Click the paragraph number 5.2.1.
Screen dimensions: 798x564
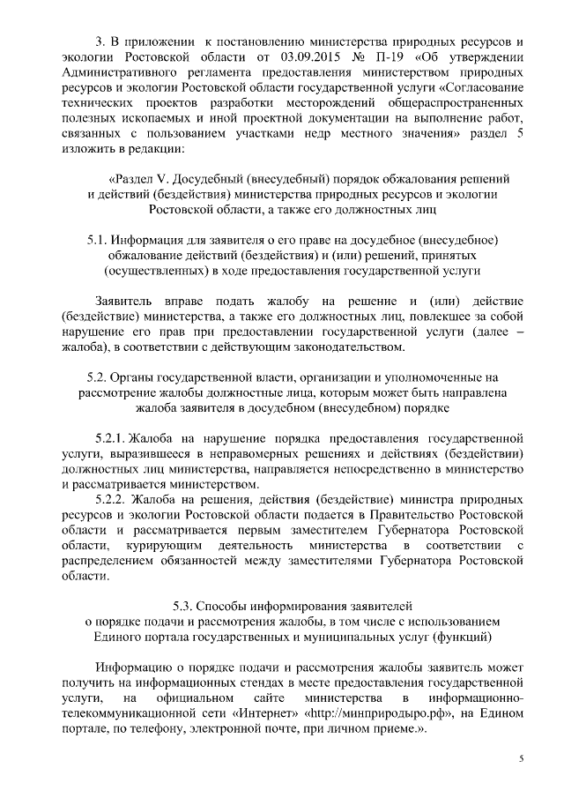click(x=110, y=438)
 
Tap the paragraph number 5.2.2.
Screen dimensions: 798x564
click(x=111, y=502)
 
